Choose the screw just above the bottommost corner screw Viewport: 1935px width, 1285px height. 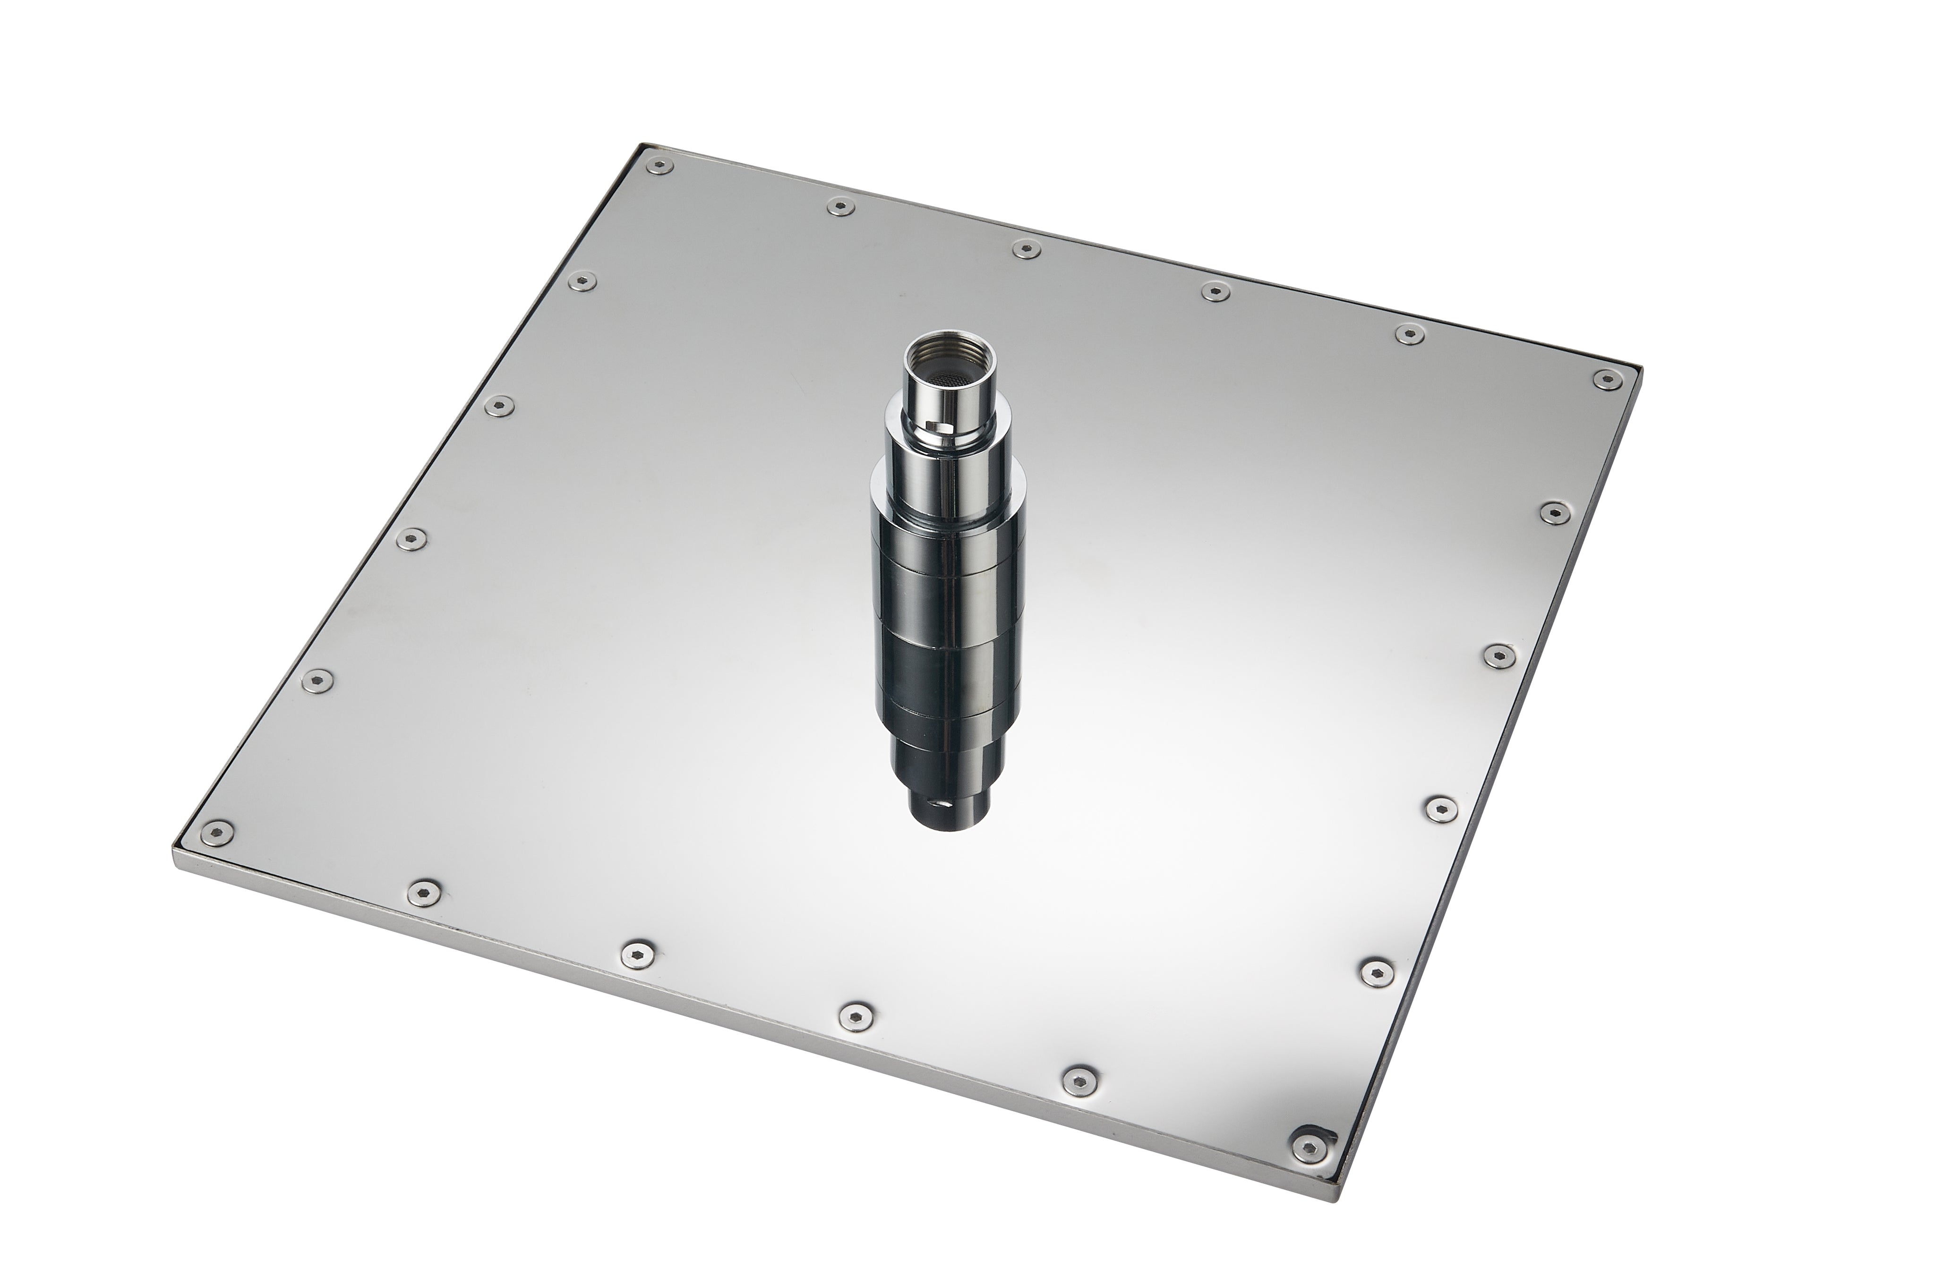(1377, 971)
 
